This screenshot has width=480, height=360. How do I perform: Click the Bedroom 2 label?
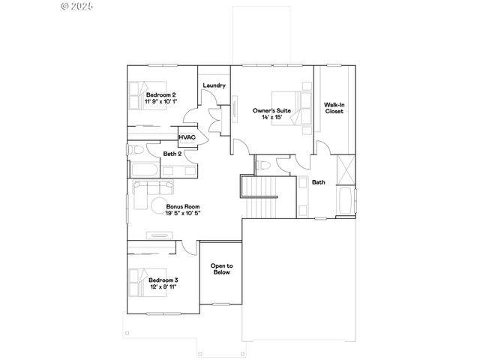point(161,94)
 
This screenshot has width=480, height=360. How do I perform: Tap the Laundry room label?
point(214,85)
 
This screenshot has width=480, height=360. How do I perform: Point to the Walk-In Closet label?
point(334,107)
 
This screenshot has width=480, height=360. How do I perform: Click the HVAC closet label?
point(187,137)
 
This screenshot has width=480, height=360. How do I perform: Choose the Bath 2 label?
point(172,154)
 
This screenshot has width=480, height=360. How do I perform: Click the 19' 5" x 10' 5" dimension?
point(183,212)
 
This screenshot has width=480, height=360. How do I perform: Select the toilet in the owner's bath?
point(263,165)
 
